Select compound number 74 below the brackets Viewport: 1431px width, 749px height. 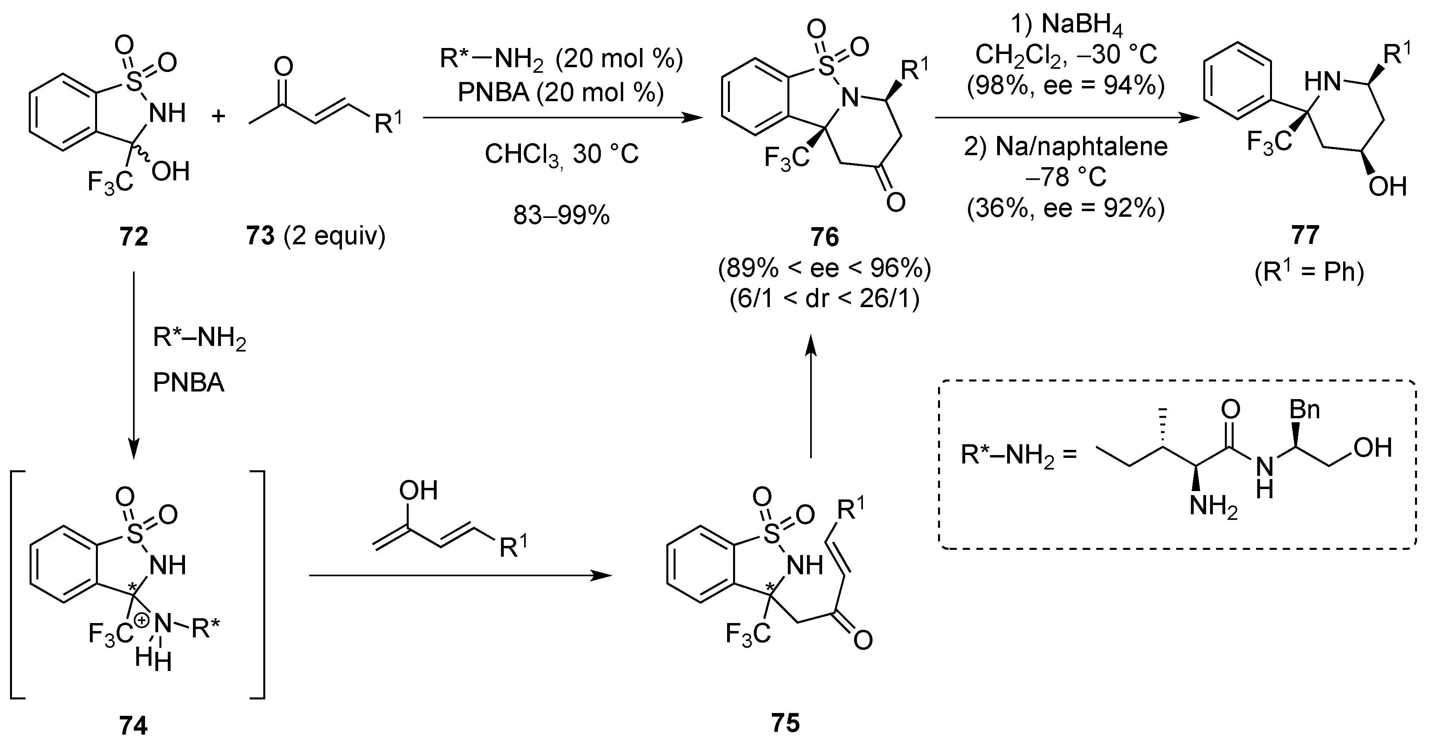[133, 726]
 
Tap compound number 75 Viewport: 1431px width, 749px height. [785, 723]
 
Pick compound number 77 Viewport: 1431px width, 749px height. [1305, 237]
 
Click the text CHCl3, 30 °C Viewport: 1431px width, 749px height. [561, 154]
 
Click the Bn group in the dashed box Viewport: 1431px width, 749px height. [1304, 410]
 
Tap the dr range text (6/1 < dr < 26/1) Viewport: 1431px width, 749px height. [825, 299]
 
